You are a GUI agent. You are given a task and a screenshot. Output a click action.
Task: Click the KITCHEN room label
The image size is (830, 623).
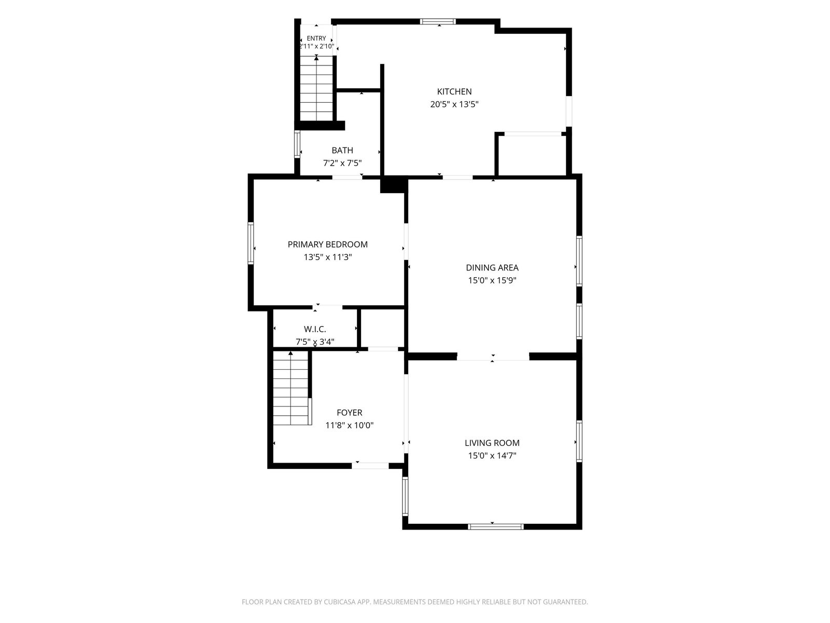pos(454,91)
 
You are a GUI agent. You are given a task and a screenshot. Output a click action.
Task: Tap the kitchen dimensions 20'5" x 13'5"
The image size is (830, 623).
pos(454,104)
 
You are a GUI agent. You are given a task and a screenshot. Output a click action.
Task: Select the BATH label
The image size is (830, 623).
pos(342,150)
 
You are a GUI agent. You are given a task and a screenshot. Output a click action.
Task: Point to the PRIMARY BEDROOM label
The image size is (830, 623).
pos(327,245)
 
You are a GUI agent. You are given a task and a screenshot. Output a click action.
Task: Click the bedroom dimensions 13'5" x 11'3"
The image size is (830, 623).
pos(327,257)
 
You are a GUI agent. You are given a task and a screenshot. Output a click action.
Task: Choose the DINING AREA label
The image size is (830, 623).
pos(492,267)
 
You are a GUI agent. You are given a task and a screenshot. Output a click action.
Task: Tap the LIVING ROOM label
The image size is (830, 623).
pos(492,442)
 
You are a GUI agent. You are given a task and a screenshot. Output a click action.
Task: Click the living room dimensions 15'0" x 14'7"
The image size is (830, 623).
pos(492,455)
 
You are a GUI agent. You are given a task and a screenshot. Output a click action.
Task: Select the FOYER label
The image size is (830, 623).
pos(350,412)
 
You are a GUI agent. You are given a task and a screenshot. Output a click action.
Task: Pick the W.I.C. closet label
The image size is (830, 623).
pos(314,329)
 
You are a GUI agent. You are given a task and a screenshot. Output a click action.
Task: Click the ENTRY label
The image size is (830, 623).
pos(316,38)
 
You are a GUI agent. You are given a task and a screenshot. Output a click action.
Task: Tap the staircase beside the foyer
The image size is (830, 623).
pos(291,388)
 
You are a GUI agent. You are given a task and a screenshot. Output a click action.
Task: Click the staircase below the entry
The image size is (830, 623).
pos(316,88)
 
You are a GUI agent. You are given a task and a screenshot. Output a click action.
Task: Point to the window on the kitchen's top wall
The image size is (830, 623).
pos(438,22)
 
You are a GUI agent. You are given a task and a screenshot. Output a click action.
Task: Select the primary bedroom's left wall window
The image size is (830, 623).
pos(251,243)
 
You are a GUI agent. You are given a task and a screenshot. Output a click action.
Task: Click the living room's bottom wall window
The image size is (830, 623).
pos(495,526)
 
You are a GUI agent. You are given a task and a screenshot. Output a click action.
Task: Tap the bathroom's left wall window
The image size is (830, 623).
pos(297,144)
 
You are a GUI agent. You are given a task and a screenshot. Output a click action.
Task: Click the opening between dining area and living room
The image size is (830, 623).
pos(493,356)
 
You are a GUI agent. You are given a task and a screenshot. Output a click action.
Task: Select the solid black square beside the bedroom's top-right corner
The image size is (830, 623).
pos(394,185)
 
